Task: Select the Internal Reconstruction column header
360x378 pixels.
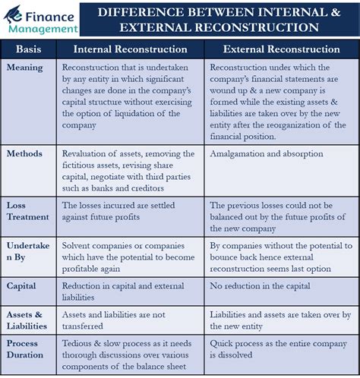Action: pyautogui.click(x=129, y=49)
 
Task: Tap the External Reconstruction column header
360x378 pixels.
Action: pyautogui.click(x=281, y=49)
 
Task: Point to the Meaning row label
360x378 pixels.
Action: pyautogui.click(x=25, y=68)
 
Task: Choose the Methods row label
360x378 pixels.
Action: pyautogui.click(x=25, y=153)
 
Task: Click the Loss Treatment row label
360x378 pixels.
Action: pyautogui.click(x=27, y=211)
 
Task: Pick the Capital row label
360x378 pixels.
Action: pyautogui.click(x=22, y=286)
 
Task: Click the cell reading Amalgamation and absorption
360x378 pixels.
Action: pyautogui.click(x=266, y=153)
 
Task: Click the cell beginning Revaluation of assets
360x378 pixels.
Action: pyautogui.click(x=129, y=171)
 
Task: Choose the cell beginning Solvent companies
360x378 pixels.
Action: pyautogui.click(x=129, y=257)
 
